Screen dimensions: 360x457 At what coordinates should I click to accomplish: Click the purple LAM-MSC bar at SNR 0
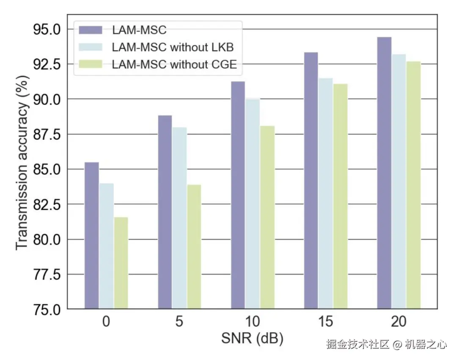click(91, 235)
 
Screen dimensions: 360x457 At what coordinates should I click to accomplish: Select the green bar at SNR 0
click(121, 263)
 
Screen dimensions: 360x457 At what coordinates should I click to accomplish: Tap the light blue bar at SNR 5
click(179, 218)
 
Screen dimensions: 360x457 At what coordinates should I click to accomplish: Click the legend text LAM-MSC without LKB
click(173, 47)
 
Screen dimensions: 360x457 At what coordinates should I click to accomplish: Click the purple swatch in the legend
click(91, 30)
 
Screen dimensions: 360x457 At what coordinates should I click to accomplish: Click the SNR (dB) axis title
click(252, 339)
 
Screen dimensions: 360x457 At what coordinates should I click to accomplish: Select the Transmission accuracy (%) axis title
click(23, 163)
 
